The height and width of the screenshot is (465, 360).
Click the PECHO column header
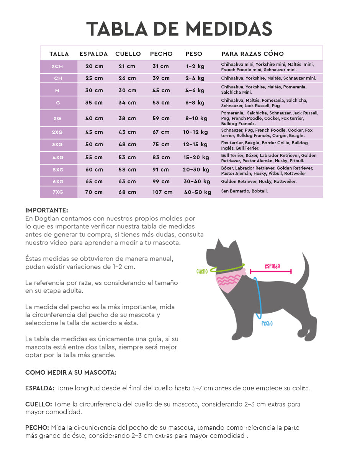pyautogui.click(x=161, y=54)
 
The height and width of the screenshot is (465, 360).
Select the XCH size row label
pyautogui.click(x=57, y=66)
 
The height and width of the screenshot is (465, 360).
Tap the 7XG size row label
pyautogui.click(x=57, y=192)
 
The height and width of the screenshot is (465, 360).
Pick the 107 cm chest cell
pyautogui.click(x=162, y=192)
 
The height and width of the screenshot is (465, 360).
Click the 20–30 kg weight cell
pyautogui.click(x=196, y=170)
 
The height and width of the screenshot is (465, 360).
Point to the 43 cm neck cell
pyautogui.click(x=127, y=132)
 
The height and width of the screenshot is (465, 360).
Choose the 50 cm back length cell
pyautogui.click(x=94, y=144)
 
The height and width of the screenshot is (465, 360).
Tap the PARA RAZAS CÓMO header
pyautogui.click(x=252, y=54)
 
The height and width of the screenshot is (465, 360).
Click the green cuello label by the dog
pyautogui.click(x=202, y=271)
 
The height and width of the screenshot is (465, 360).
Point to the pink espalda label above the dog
pyautogui.click(x=272, y=266)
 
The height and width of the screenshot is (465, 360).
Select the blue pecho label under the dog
pyautogui.click(x=267, y=323)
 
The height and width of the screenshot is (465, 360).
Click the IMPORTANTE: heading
pyautogui.click(x=47, y=210)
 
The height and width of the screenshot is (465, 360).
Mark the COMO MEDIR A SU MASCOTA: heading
pyautogui.click(x=71, y=372)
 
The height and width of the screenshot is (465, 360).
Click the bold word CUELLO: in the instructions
pyautogui.click(x=39, y=404)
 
